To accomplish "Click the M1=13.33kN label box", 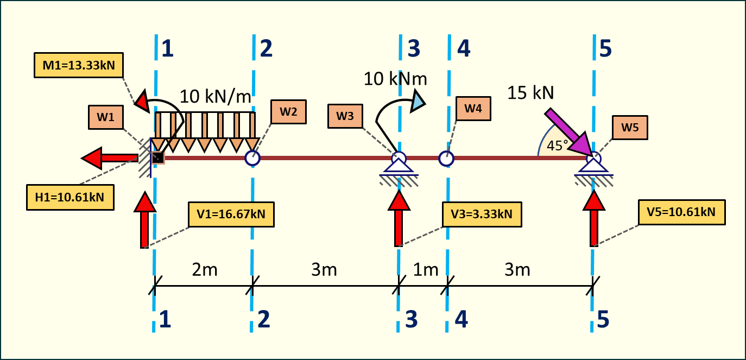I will pos(78,66).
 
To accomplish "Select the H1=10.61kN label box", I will pos(70,197).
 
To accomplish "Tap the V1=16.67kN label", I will pos(231,214).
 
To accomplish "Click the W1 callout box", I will pos(106,118).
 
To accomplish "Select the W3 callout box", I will pos(345,116).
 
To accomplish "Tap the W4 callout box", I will pos(473,109).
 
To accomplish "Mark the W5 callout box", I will pos(630,128).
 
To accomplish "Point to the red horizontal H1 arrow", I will pos(109,158).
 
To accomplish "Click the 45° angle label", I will pos(557,146).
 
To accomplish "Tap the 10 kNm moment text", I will pos(395,79).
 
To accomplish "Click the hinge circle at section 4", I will pos(446,158).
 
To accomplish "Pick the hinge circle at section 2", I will pos(252,158).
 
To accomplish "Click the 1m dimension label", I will pos(426,270).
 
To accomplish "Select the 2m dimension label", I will pos(204,270).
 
